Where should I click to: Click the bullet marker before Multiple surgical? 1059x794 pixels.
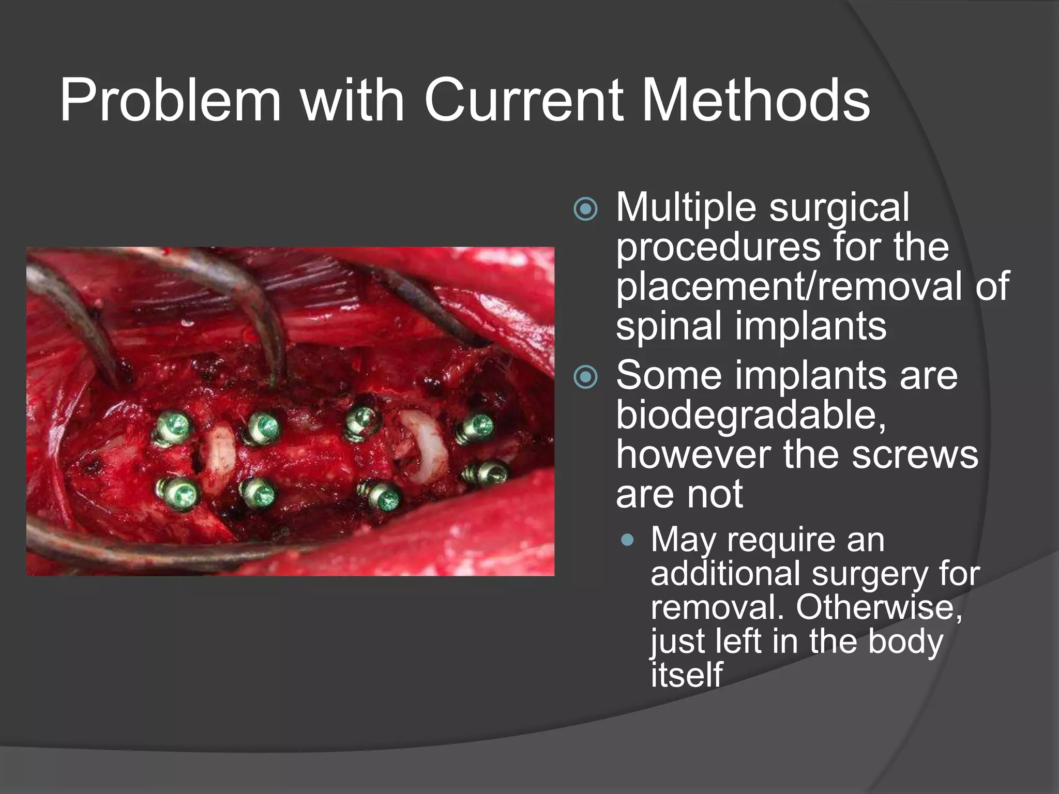click(x=585, y=210)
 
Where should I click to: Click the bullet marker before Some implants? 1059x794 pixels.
click(x=585, y=377)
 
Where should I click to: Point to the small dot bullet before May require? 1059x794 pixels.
click(x=628, y=541)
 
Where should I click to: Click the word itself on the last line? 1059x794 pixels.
click(x=686, y=675)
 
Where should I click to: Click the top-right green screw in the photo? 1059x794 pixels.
click(x=477, y=428)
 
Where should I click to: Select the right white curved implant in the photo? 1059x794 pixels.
click(x=425, y=446)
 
